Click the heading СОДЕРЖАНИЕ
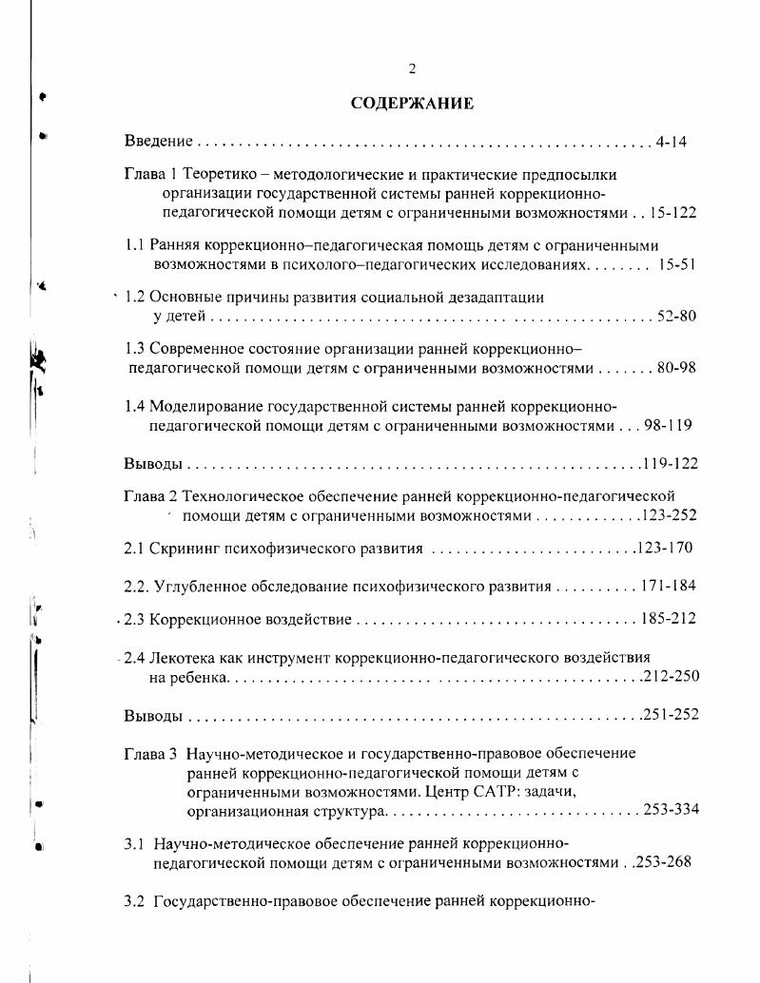pos(412,103)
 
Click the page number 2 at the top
pos(412,68)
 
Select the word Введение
pos(159,142)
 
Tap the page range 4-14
pos(671,142)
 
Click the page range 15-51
pos(676,264)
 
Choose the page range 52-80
pos(675,316)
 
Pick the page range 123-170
pos(664,549)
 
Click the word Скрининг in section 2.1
pos(186,549)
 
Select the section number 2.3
pos(133,619)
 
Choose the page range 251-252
pos(670,715)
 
